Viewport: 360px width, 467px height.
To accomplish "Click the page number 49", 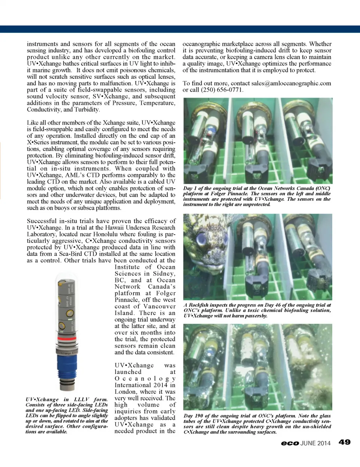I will click(x=344, y=442).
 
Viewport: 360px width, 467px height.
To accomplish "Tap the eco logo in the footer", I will click(x=290, y=443).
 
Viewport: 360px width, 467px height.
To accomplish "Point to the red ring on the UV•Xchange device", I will click(x=67, y=339).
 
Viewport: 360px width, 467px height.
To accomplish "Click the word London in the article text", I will click(x=125, y=392).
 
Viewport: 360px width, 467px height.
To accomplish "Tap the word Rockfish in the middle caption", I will click(x=199, y=305).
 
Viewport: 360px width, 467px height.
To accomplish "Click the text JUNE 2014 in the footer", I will click(x=315, y=443).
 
